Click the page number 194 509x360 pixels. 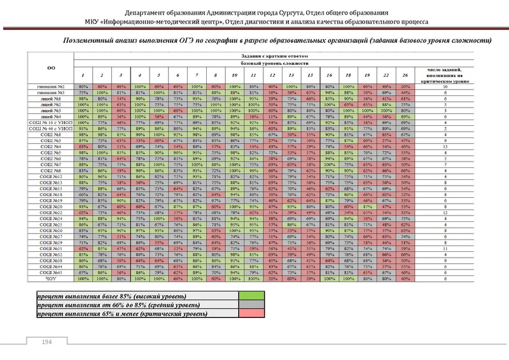(46, 342)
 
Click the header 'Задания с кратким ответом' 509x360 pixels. (275, 57)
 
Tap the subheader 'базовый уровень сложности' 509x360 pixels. (275, 64)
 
